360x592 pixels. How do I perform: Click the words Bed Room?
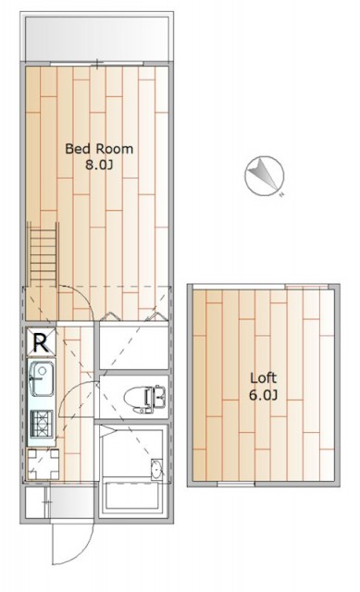click(99, 149)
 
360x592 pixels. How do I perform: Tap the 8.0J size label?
click(99, 165)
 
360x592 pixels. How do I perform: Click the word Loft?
click(264, 377)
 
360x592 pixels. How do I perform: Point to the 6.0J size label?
click(264, 395)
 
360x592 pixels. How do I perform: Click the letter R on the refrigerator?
click(41, 343)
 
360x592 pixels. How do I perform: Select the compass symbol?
click(264, 176)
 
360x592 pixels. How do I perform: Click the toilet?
click(144, 399)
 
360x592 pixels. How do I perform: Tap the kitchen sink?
click(41, 379)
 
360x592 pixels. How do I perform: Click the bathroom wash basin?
click(156, 470)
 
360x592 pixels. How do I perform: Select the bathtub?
click(133, 496)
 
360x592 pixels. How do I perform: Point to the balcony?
click(96, 39)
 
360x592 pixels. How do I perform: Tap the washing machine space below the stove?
click(43, 464)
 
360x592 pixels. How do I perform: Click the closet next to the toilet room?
click(134, 348)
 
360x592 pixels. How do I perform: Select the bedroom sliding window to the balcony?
click(97, 64)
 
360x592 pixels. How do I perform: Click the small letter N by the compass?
click(281, 195)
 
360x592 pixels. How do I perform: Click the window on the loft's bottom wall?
click(236, 484)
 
